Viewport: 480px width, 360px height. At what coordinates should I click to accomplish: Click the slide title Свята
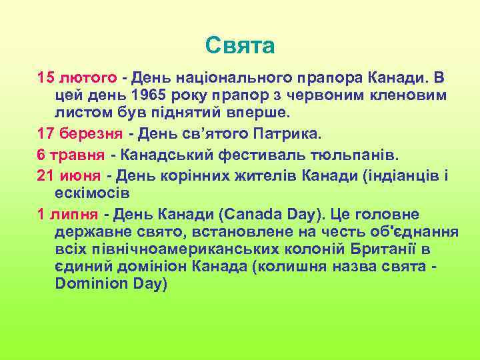point(240,46)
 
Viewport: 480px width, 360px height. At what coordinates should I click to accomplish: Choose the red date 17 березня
point(81,133)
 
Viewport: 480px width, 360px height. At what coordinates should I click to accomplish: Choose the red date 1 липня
point(67,214)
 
